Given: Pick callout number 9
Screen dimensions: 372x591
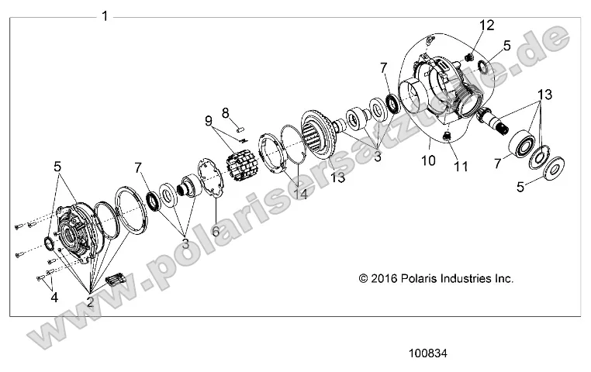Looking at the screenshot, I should [208, 121].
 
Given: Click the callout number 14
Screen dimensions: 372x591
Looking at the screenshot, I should [299, 195].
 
